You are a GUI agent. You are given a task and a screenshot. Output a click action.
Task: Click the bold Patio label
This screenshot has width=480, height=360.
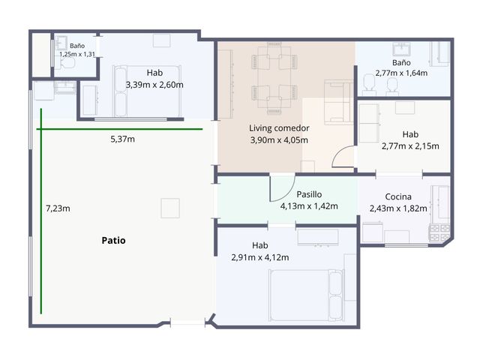[x=113, y=240]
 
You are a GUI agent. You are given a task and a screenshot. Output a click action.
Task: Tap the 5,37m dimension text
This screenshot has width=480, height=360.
[x=122, y=139]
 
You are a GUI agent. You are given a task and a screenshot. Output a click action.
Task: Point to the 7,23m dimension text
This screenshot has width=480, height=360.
[x=58, y=208]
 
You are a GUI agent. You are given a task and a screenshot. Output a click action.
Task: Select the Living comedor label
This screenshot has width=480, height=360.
[x=279, y=128]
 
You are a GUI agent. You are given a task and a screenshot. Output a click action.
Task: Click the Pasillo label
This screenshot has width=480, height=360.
[x=309, y=194]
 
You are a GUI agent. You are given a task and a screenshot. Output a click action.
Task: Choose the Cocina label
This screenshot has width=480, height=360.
[x=398, y=196]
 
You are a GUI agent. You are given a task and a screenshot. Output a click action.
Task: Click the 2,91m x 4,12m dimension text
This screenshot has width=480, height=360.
[x=260, y=257]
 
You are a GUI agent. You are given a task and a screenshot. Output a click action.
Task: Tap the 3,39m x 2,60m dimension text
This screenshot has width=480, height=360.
[x=154, y=85]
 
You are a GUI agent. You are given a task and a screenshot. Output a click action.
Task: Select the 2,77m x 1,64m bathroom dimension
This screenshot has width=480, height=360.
[x=401, y=73]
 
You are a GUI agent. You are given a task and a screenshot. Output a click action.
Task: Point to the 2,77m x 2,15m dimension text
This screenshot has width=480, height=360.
[x=410, y=146]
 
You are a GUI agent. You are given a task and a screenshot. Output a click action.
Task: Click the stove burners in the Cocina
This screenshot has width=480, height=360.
[x=440, y=233]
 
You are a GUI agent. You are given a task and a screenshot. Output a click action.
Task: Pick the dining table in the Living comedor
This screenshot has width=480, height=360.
[x=274, y=77]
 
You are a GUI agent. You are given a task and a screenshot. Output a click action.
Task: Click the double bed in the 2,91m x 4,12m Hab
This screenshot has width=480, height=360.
[x=306, y=295]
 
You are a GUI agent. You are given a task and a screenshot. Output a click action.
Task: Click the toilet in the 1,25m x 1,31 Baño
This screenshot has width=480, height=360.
[x=67, y=64]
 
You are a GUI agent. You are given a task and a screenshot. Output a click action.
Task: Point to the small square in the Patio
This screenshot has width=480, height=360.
[x=170, y=208]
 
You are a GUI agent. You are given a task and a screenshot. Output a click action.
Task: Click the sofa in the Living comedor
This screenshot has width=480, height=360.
[x=338, y=102]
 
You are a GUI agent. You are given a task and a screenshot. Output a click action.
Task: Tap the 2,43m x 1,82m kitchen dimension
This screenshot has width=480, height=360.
[x=398, y=208]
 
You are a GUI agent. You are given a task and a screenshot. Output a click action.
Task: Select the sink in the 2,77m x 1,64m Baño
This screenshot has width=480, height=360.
[x=401, y=49]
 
